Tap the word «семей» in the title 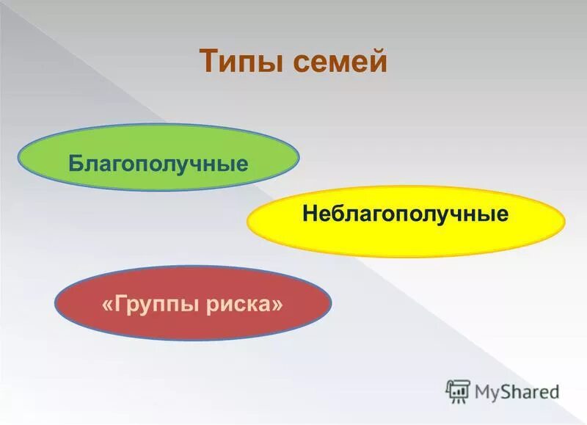click(340, 61)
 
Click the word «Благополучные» click(158, 162)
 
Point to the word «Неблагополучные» click(406, 215)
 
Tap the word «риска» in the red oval click(243, 302)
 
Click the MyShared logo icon click(458, 391)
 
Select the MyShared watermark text click(517, 391)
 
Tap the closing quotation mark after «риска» click(277, 303)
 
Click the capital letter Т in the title click(208, 60)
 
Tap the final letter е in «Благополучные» click(241, 162)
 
